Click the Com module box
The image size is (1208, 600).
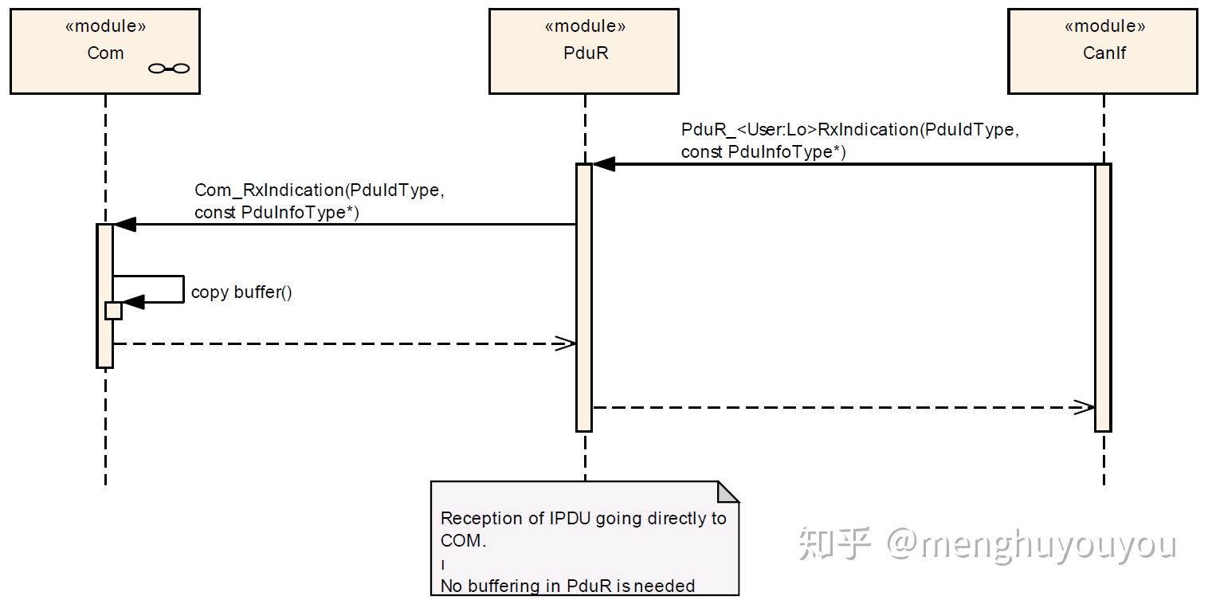coord(104,52)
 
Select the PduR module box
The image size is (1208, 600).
coord(584,52)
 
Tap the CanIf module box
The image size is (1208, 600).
coord(1103,52)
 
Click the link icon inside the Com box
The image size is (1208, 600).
coord(169,69)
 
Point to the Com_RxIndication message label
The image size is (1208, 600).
coord(316,201)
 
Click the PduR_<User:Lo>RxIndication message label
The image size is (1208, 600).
coord(849,140)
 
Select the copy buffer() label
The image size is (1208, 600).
coord(241,292)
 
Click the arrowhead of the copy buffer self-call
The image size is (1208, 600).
coord(133,302)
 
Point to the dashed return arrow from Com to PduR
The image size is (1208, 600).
coord(343,343)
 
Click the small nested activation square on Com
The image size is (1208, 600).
coord(113,311)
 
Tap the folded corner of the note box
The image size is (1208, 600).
coord(728,492)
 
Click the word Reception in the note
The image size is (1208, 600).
coord(482,518)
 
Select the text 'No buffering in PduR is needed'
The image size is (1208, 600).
coord(567,586)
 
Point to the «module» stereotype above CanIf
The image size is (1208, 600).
coord(1104,26)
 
